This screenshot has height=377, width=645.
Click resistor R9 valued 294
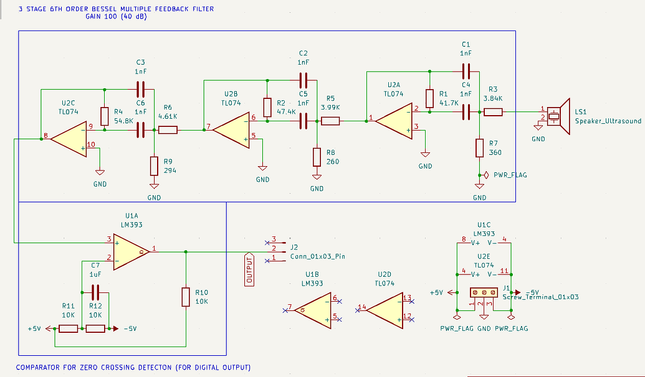click(154, 166)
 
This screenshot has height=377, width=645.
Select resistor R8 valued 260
click(317, 157)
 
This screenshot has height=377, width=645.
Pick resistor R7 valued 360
click(479, 147)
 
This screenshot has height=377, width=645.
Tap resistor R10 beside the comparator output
click(186, 297)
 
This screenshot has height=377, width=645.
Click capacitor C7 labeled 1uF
click(95, 291)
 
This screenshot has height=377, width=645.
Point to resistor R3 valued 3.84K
click(493, 112)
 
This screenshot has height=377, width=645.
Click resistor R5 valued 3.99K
click(330, 121)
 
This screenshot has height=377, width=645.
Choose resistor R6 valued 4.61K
click(168, 130)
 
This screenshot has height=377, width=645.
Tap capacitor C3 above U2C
click(140, 88)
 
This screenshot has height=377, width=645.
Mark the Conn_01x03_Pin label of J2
click(318, 256)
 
